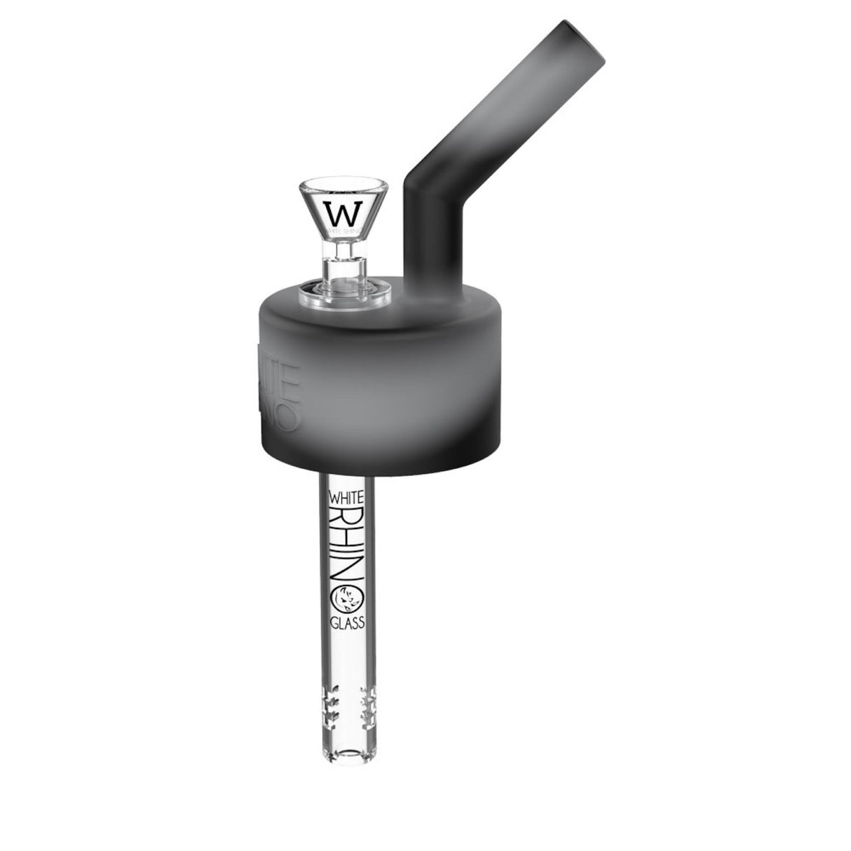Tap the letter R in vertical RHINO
click(x=346, y=515)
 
